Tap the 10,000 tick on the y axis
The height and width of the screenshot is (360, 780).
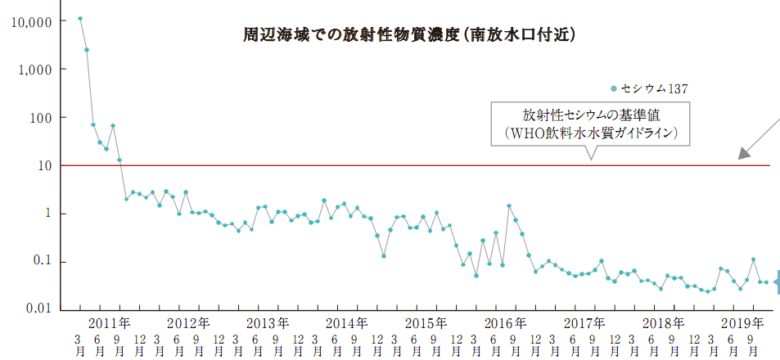click(29, 21)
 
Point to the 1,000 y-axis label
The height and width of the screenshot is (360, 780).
click(34, 70)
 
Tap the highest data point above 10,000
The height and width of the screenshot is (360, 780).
click(79, 18)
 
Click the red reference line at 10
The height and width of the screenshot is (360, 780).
click(409, 165)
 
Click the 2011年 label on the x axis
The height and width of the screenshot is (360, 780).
click(109, 321)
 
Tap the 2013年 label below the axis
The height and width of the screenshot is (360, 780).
click(266, 321)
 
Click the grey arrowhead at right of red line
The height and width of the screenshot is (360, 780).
click(743, 152)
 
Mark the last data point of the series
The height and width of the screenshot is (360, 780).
click(766, 282)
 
